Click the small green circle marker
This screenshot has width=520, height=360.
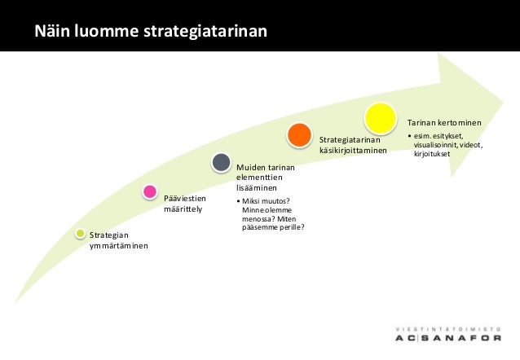click(80, 234)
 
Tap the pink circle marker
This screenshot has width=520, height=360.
click(149, 192)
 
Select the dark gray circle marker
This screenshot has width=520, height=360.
click(221, 162)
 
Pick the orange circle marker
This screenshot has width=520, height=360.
click(299, 134)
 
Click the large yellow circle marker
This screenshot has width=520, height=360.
click(380, 119)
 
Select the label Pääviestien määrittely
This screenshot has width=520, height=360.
click(185, 203)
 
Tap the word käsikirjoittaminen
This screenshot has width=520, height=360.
click(352, 149)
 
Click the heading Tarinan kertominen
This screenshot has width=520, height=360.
click(444, 122)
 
